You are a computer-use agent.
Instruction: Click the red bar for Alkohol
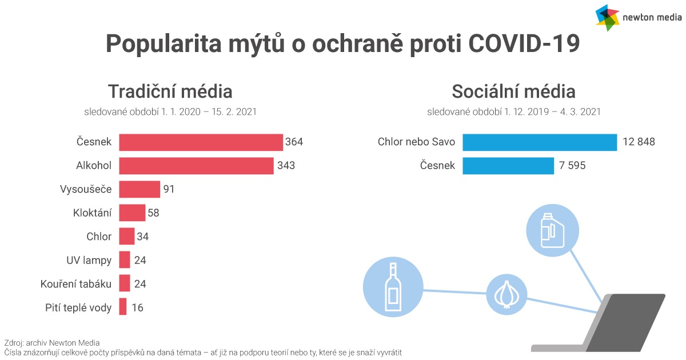click(196, 166)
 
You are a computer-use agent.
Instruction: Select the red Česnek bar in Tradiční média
click(201, 142)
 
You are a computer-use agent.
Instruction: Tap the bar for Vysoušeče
click(139, 189)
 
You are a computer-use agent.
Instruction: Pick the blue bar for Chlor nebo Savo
click(540, 142)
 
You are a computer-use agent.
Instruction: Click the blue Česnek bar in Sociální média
click(508, 166)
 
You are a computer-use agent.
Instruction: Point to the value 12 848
click(639, 142)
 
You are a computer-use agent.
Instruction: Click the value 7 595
click(572, 165)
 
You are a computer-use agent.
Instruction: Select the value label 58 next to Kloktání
click(153, 213)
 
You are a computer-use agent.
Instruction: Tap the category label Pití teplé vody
click(78, 307)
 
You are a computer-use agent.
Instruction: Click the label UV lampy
click(89, 260)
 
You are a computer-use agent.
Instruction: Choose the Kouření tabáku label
click(76, 284)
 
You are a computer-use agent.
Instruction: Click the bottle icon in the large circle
click(393, 287)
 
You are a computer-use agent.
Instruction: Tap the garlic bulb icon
click(506, 294)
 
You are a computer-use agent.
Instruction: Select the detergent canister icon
click(552, 230)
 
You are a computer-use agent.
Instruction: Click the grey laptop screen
click(625, 323)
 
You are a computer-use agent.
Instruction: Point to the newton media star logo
click(607, 18)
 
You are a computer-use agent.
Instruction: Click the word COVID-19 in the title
click(524, 43)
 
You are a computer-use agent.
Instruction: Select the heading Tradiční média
click(170, 91)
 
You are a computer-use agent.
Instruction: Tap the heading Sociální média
click(513, 91)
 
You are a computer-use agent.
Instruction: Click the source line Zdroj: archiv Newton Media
click(52, 343)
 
